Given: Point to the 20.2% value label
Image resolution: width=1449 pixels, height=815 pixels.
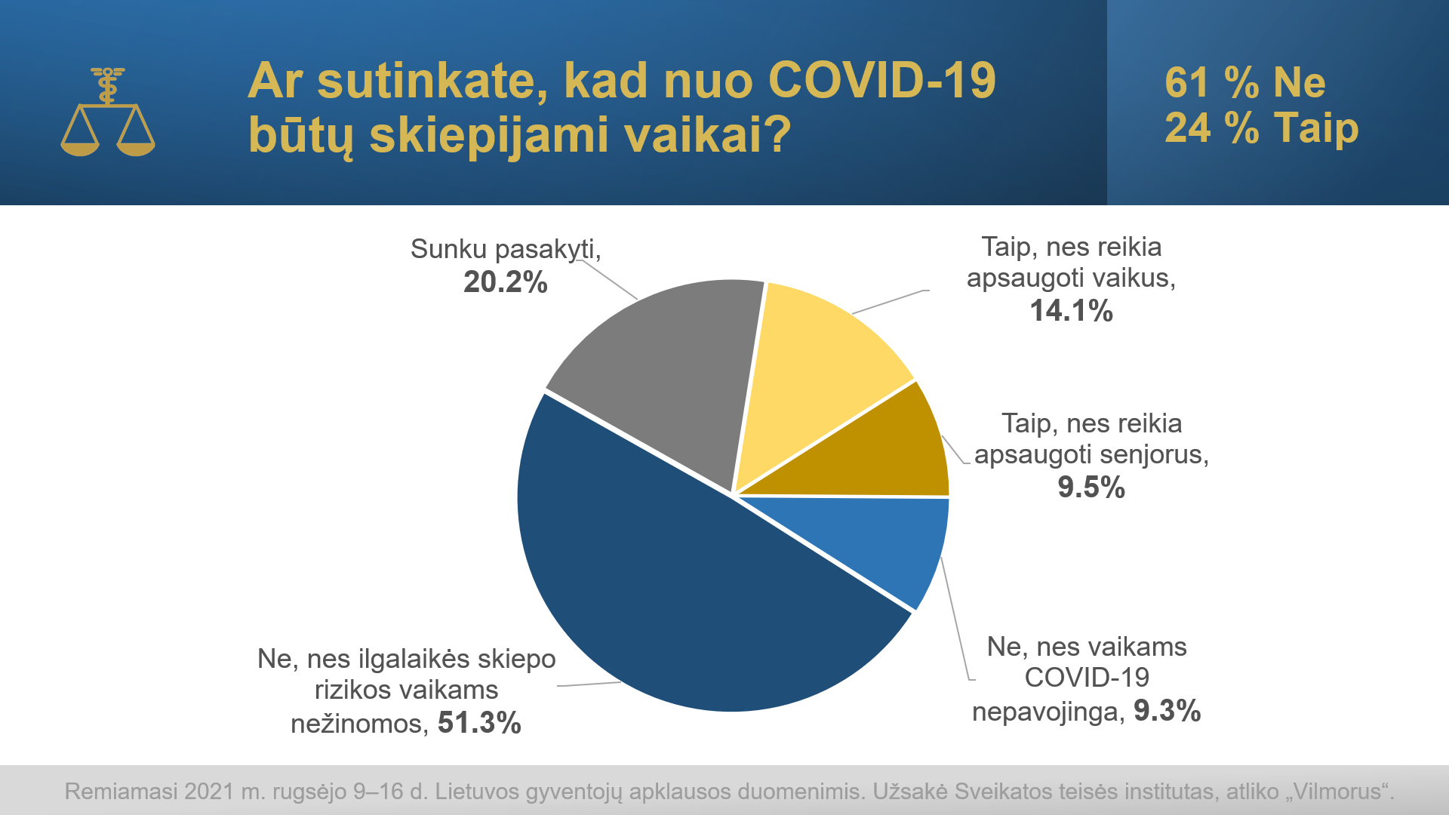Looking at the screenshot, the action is pos(505,282).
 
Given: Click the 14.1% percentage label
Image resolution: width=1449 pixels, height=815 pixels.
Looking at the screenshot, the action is pos(1072,311).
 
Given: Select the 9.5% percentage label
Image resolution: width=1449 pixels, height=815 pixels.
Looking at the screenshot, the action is pos(1091,487).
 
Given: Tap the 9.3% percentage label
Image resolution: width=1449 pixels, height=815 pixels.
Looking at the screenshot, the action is pos(1168,711).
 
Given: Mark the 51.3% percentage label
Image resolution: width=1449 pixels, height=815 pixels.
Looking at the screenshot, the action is pos(479,723).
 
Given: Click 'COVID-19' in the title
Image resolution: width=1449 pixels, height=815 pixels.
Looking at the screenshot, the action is pos(882,81).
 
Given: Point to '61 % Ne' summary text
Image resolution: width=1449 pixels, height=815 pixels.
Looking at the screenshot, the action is pos(1245,82).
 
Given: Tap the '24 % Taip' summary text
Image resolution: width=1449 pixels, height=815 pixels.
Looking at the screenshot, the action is pos(1262,128).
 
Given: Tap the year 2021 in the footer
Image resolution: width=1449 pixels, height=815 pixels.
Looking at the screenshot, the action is pos(209,792).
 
